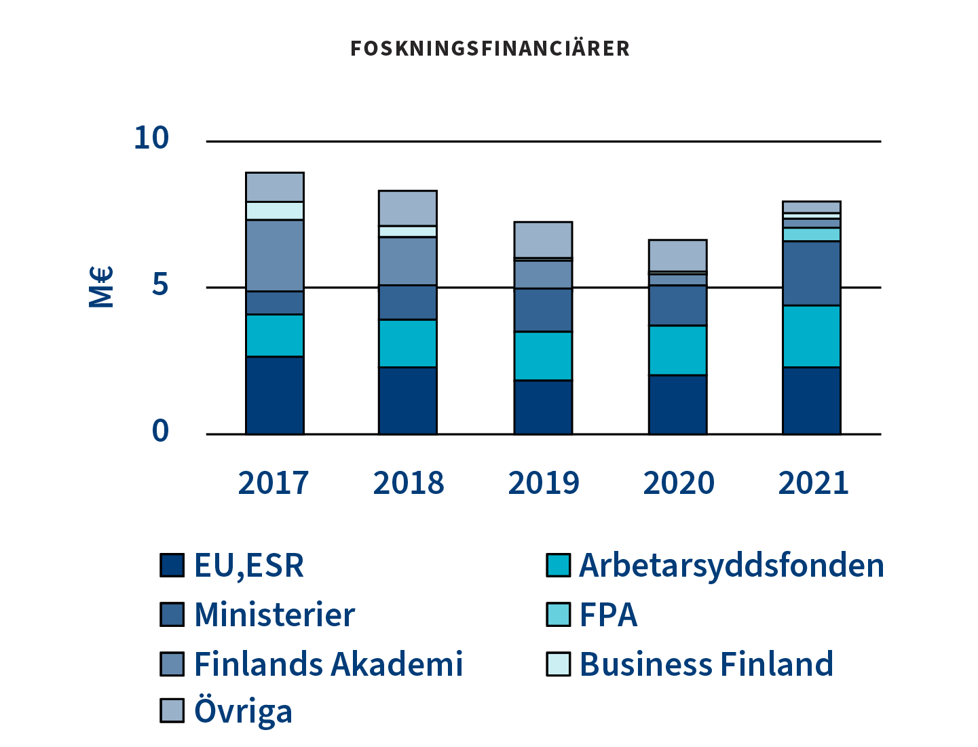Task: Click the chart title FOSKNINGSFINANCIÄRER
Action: pos(490,49)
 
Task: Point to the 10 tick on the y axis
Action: pos(151,138)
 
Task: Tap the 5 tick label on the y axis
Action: pos(159,284)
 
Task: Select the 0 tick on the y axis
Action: pos(160,430)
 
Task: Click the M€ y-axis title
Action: pos(101,287)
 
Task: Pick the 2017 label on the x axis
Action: pos(274,483)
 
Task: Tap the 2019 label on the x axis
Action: pos(544,483)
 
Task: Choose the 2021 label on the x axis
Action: pos(813,483)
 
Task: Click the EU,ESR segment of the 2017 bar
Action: pos(274,395)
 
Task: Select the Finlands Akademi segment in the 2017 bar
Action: pos(274,256)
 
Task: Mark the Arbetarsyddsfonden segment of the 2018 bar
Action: pos(407,343)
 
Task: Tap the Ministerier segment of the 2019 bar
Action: pos(543,310)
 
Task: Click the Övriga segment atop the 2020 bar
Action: pos(677,255)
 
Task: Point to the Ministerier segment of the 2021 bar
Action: pos(812,273)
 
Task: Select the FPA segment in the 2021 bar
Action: pos(812,234)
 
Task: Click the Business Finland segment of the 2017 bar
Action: pos(274,210)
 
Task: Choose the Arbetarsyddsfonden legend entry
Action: pos(731,565)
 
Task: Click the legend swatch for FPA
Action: pos(558,615)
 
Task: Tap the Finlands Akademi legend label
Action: pos(328,664)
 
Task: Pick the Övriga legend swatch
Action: pos(172,710)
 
